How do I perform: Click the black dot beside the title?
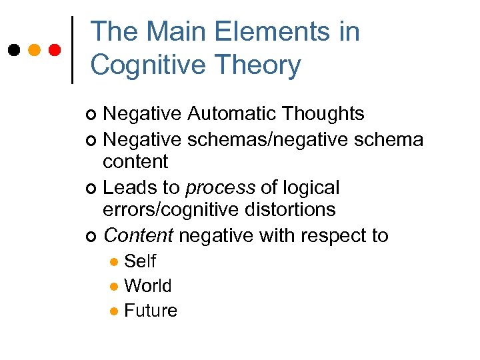(13, 49)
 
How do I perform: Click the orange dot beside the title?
(35, 49)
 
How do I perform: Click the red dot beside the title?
(55, 49)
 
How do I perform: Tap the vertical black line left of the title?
(72, 49)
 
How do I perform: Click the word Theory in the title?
(263, 65)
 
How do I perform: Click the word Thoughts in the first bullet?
(325, 114)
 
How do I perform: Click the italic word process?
(220, 188)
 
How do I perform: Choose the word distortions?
(291, 209)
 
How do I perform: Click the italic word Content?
(139, 235)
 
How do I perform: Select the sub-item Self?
(140, 261)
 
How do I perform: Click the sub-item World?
(148, 286)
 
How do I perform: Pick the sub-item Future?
(151, 311)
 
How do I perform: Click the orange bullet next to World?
(115, 287)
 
